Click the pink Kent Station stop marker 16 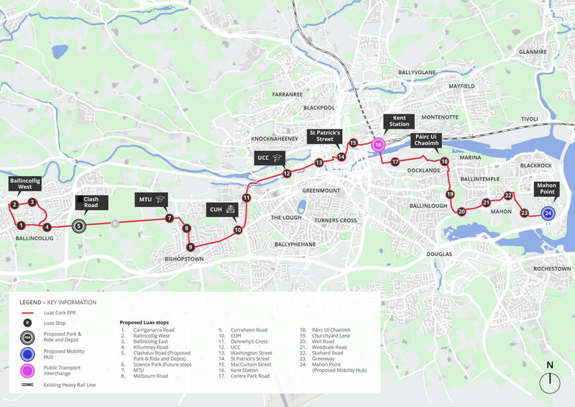tap(378, 145)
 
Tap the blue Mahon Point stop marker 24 tap(548, 213)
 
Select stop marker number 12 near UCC tap(286, 173)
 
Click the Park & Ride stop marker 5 tap(79, 225)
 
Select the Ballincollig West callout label tap(21, 183)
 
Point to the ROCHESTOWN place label tap(551, 268)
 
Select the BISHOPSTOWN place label tap(185, 258)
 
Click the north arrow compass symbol tap(550, 379)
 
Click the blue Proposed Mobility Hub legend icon tap(28, 354)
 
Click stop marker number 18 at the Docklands tap(444, 162)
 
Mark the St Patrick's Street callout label tap(327, 137)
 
